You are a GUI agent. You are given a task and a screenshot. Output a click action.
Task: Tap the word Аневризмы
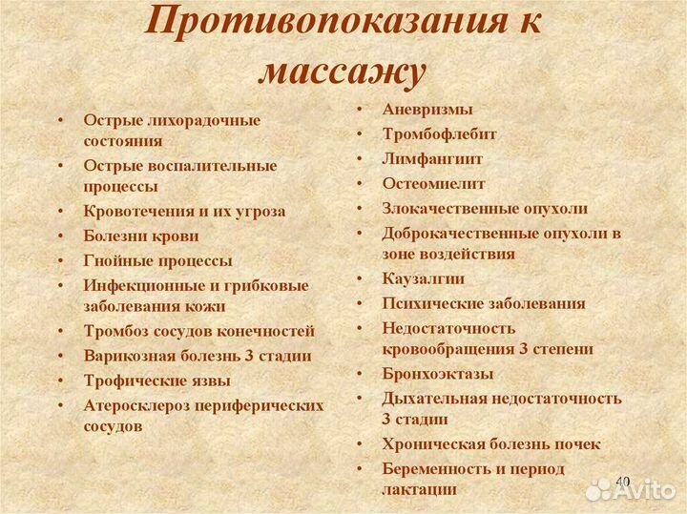[427, 110]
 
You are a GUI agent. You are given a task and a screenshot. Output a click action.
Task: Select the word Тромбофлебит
[439, 134]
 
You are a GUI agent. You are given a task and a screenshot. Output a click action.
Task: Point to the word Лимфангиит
[432, 159]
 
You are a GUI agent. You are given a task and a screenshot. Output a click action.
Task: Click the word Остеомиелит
[433, 183]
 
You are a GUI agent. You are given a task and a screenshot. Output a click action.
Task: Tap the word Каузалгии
[424, 279]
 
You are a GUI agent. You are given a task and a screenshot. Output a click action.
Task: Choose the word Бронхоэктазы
[438, 373]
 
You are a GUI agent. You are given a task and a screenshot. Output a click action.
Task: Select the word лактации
[419, 489]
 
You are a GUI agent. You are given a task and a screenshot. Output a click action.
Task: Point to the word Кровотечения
[136, 211]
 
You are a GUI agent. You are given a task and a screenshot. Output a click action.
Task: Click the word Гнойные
[114, 260]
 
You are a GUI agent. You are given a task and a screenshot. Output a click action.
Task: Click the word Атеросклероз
[136, 405]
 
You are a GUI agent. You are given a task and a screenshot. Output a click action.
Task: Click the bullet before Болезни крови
[61, 236]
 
